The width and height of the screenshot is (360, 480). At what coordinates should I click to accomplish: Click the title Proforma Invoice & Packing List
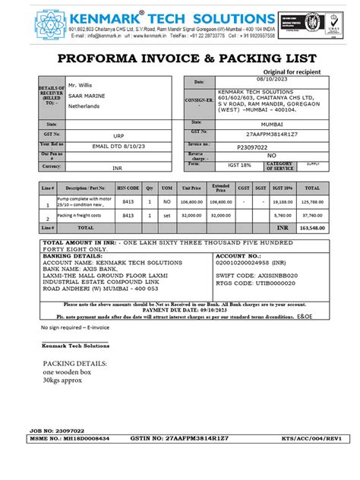coord(180,58)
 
